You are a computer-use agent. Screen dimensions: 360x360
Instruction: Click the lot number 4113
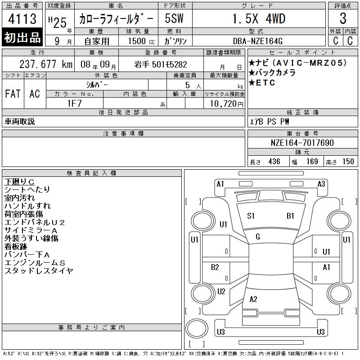tap(22, 19)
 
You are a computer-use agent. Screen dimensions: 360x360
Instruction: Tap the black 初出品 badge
tap(22, 37)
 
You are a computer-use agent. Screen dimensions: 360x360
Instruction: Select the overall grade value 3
tap(343, 18)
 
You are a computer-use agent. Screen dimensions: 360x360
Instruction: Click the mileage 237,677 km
tap(46, 64)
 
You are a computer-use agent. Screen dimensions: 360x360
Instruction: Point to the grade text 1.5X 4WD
tap(259, 19)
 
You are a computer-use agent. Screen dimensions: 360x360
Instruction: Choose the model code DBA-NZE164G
tap(257, 41)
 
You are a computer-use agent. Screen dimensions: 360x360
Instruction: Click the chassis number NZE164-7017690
tap(302, 143)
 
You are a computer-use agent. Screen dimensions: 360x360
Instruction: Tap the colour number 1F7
tap(74, 103)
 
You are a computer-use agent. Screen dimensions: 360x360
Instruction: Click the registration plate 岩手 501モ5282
tap(161, 64)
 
